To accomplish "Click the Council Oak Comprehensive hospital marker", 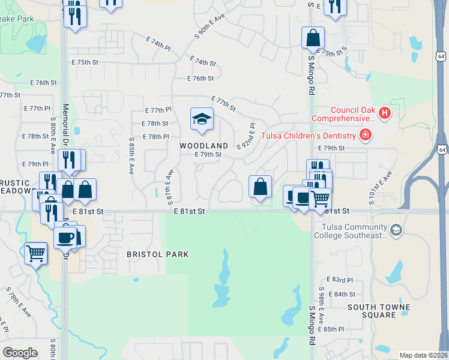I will pos(385,112).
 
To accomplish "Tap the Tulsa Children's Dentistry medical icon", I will pos(364,135).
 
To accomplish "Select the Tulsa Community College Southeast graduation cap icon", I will pos(396,230).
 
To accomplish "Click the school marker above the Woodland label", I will pos(202,119).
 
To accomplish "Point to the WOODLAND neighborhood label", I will pos(204,146).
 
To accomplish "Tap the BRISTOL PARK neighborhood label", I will pos(158,254).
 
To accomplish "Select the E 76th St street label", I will pos(200,79).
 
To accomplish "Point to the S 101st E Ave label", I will pos(380,188).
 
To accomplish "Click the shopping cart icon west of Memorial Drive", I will pos(35,254).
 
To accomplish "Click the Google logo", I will pos(20,352).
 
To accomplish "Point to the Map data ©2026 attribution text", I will pos(423,355).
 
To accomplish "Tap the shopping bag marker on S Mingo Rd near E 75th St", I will pos(313,38).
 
